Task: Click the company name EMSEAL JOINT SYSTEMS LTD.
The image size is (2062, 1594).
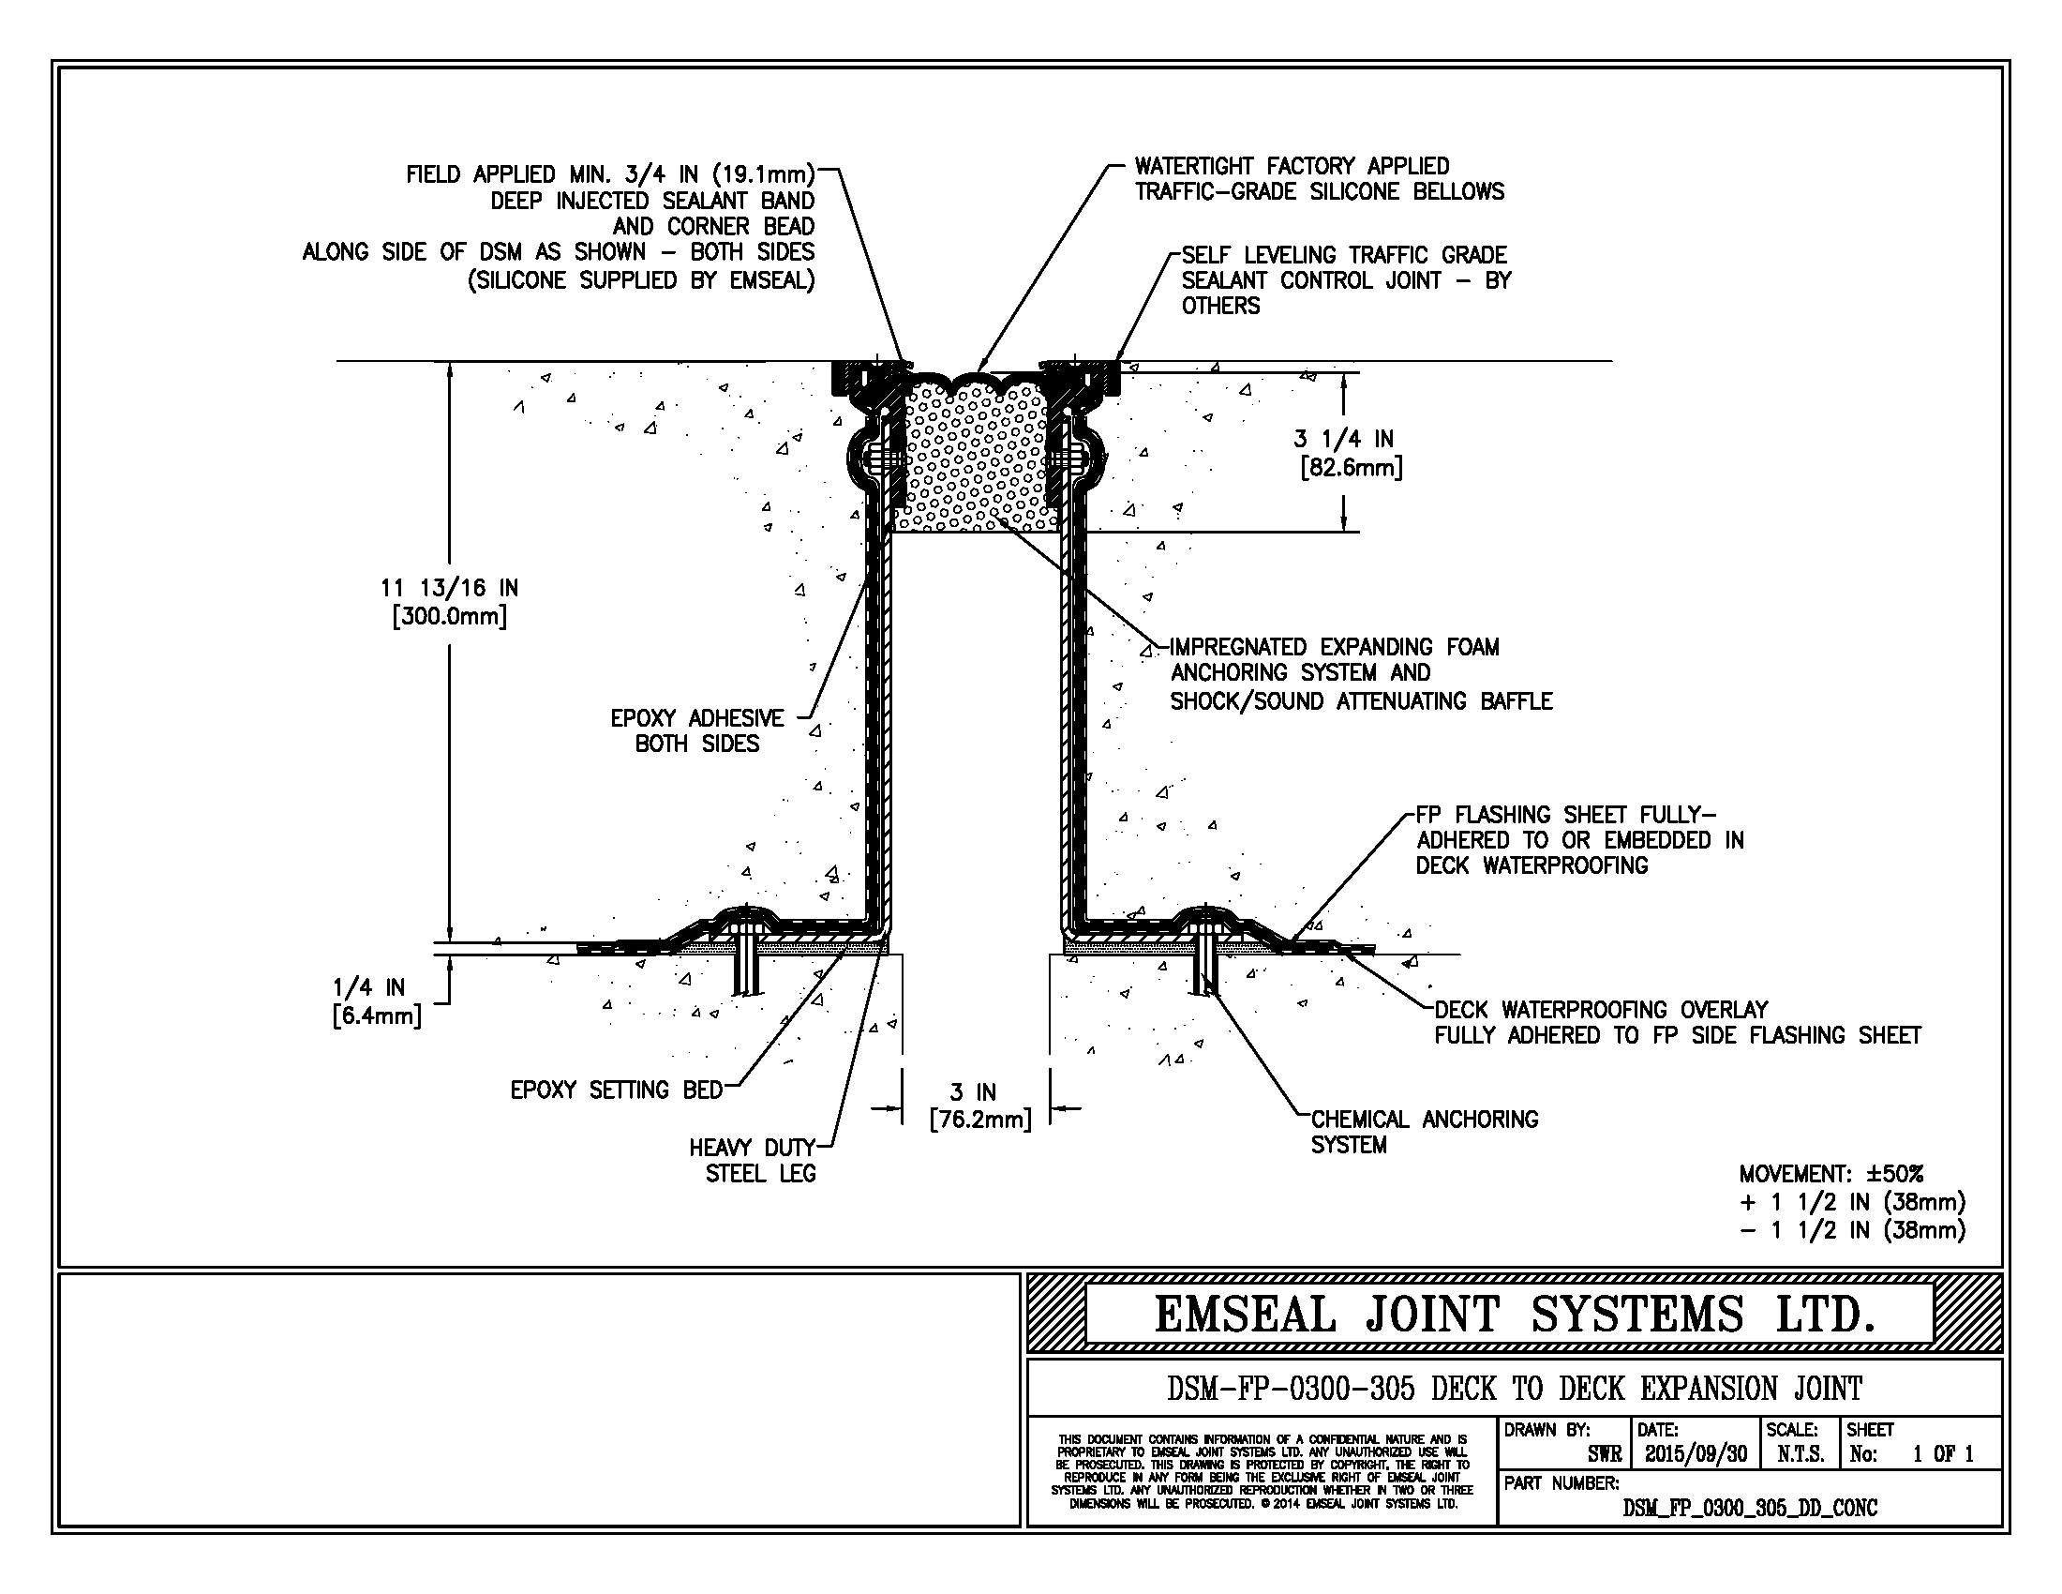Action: pos(1514,1315)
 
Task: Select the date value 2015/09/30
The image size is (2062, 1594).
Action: pos(1696,1454)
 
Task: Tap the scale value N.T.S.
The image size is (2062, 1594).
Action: pos(1801,1454)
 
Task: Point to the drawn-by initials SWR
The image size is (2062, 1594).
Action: pos(1604,1454)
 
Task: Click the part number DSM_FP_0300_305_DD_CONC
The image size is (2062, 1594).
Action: pos(1750,1508)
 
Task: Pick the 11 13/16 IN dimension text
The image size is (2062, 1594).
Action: pos(449,588)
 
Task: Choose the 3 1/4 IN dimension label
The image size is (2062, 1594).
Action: pos(1343,439)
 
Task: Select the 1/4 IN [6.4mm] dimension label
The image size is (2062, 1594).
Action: pos(376,1002)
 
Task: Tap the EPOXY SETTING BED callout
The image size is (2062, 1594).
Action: pos(616,1090)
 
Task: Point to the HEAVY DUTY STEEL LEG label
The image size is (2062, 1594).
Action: pos(753,1161)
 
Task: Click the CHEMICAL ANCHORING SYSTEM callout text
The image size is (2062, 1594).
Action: pos(1425,1133)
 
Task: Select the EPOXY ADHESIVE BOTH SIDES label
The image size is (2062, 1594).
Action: pos(696,731)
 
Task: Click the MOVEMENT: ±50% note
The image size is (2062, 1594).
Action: pos(1830,1174)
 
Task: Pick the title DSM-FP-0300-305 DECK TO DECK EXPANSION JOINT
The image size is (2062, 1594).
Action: pos(1515,1389)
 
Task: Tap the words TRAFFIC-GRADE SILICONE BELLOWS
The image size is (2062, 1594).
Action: pos(1319,191)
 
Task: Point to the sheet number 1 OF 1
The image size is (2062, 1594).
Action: pos(1943,1454)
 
